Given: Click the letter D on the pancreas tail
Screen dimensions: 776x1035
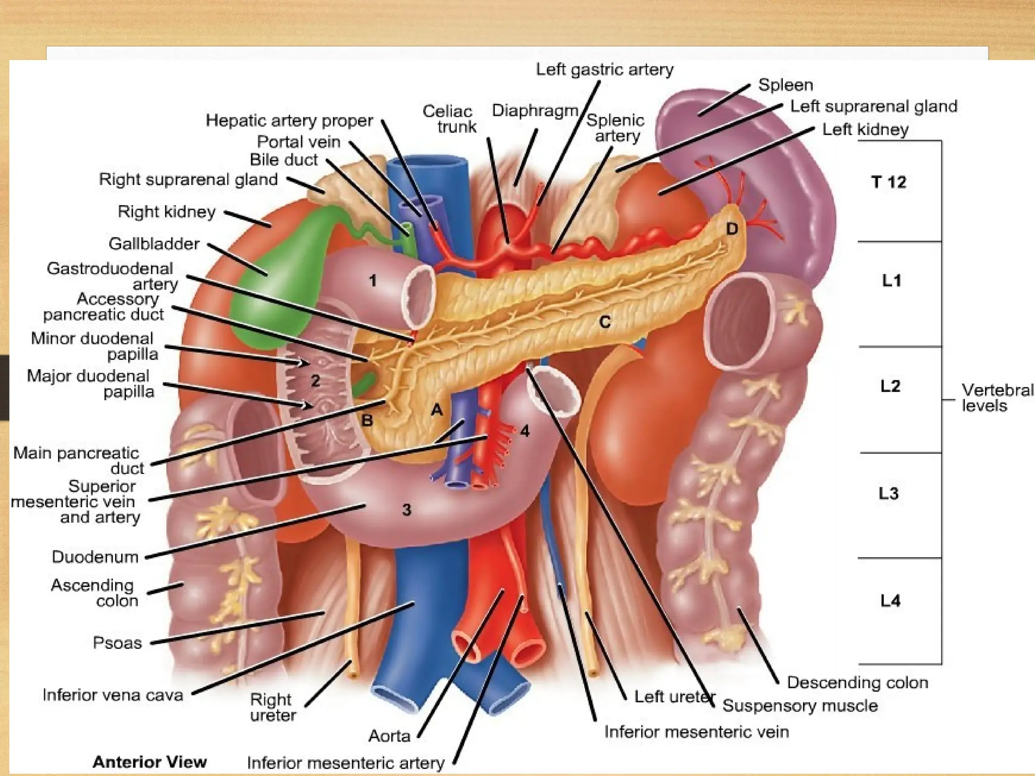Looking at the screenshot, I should [732, 229].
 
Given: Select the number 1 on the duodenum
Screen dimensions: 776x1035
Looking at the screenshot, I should [372, 280].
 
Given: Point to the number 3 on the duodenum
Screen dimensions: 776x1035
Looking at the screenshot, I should [407, 510].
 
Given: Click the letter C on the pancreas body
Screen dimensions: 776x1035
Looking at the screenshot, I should [605, 322].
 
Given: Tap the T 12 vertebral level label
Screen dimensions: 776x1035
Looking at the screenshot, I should [889, 182].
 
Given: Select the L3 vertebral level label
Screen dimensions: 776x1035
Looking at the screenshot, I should [888, 493].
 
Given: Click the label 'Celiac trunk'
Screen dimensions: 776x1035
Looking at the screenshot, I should [449, 119].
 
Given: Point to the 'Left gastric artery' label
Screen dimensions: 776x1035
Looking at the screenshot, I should [604, 69].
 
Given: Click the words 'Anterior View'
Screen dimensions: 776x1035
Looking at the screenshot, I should [150, 761].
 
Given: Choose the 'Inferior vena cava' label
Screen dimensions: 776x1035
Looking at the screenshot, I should [113, 695].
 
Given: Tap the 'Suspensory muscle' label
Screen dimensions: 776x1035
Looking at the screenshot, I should [800, 706].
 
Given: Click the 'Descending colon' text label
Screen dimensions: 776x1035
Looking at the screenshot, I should [858, 683].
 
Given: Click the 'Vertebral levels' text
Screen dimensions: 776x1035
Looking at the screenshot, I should [997, 398].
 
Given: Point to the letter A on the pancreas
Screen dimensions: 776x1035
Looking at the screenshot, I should [436, 410].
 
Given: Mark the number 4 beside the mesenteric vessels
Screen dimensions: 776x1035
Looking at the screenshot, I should [525, 431].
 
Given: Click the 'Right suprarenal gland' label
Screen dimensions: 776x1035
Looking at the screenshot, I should [188, 179].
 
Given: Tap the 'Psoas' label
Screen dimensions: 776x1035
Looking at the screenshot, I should [117, 643].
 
